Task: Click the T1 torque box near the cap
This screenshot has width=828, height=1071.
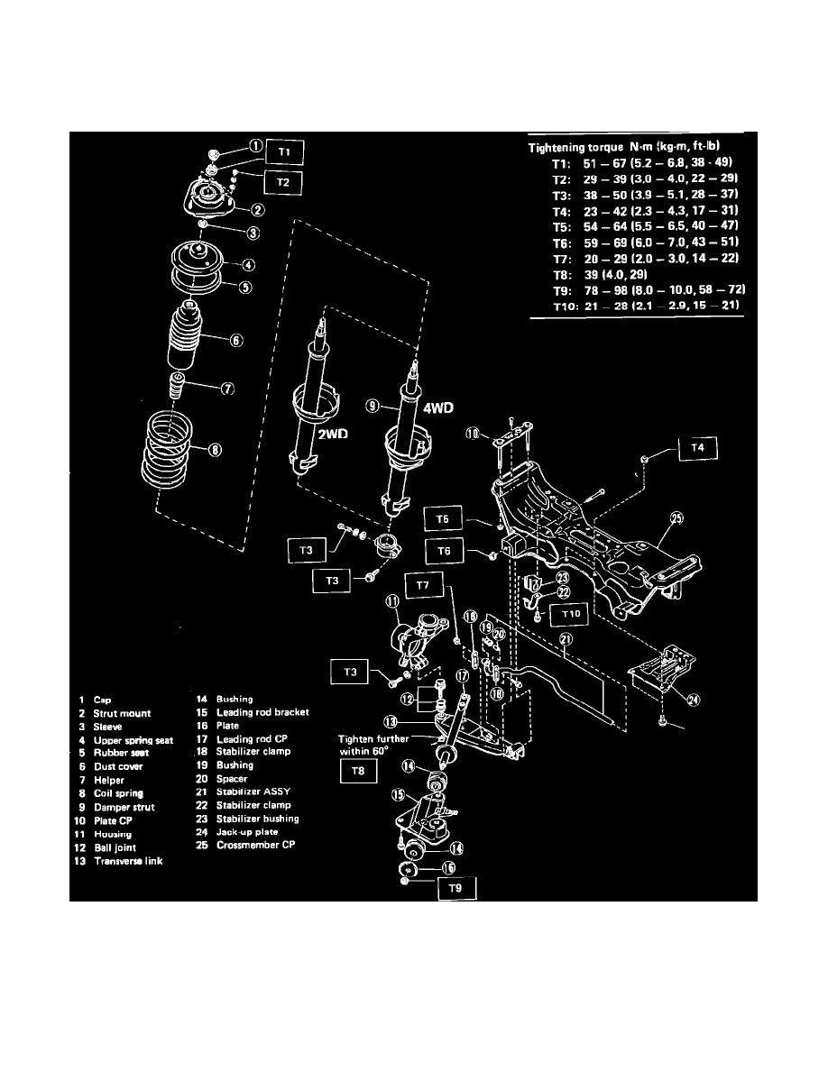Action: pyautogui.click(x=285, y=152)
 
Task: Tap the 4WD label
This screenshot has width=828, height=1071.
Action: pyautogui.click(x=441, y=407)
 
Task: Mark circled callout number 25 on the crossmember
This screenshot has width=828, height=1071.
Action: pyautogui.click(x=677, y=517)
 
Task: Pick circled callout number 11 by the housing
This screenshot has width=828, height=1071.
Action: pyautogui.click(x=392, y=601)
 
